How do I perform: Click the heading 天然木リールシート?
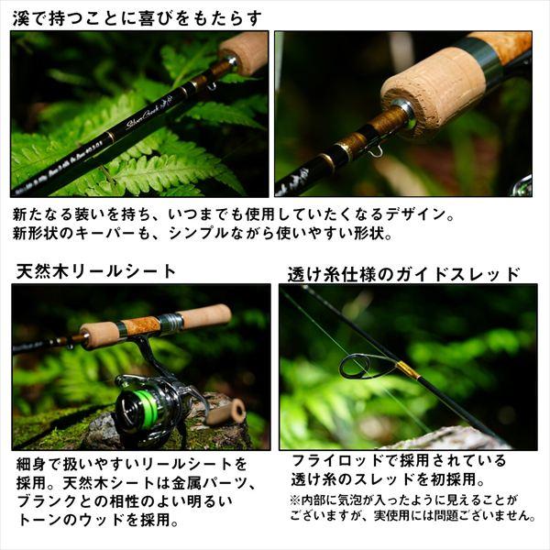96,271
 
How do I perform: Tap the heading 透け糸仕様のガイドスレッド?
403,273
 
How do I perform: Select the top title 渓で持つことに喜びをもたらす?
137,17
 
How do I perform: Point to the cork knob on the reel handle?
225,412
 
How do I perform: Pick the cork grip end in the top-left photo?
244,52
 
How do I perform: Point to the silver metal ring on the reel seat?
170,322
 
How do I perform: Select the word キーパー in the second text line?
109,234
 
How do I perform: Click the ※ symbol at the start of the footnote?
295,500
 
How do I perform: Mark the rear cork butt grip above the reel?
206,316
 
